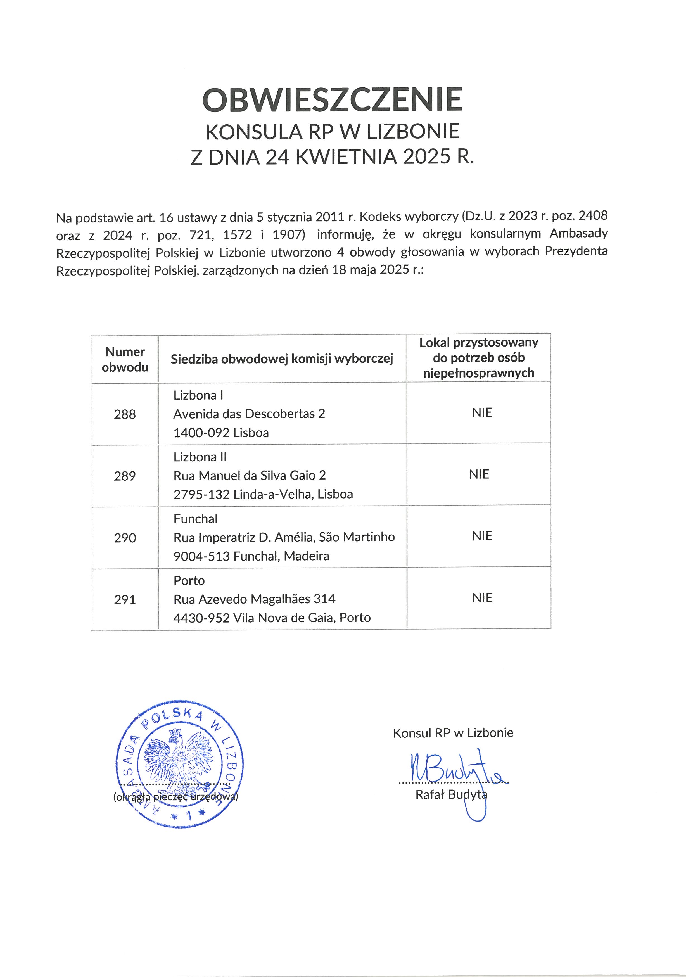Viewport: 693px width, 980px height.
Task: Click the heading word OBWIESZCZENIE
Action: click(x=332, y=99)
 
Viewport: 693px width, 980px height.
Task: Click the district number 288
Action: click(x=125, y=414)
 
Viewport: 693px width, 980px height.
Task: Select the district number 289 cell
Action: click(x=125, y=476)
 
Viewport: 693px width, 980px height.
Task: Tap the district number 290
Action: click(x=125, y=538)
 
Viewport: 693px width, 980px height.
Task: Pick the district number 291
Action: click(x=125, y=600)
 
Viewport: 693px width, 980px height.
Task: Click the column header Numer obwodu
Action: click(x=125, y=359)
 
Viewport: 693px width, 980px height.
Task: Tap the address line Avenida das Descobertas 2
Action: click(x=249, y=414)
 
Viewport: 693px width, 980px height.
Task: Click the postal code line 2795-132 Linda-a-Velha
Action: click(x=263, y=494)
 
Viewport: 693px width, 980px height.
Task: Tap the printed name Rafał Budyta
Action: click(x=451, y=794)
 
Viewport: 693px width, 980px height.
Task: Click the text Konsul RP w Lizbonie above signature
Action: click(x=453, y=733)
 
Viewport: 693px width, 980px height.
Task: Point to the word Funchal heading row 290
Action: click(x=195, y=519)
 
